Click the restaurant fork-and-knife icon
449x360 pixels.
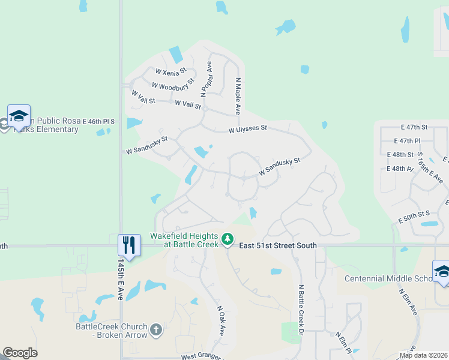coord(129,244)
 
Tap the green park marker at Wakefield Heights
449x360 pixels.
coord(227,239)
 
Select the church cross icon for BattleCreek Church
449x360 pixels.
coord(155,329)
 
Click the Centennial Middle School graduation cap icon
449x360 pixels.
coord(442,271)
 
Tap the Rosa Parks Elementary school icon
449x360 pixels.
coord(19,115)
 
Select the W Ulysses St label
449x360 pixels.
coord(247,129)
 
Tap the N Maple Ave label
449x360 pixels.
coord(238,96)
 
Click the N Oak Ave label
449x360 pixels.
coord(220,320)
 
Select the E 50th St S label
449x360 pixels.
coord(415,217)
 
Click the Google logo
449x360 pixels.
coord(20,353)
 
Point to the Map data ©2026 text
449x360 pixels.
coord(423,355)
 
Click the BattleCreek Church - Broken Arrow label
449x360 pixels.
coord(112,331)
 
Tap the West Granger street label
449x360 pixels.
coord(200,356)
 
